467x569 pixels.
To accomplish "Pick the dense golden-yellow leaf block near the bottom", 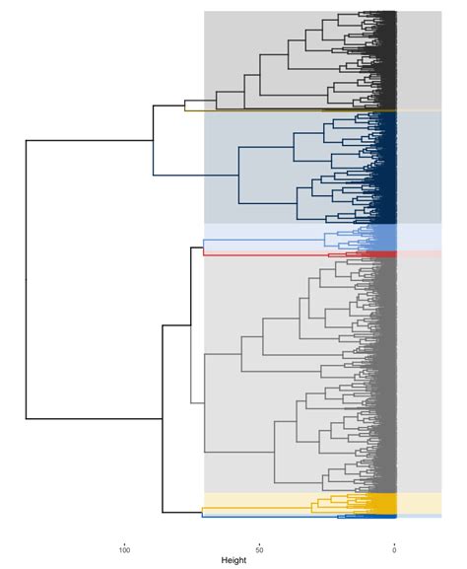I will pos(380,503).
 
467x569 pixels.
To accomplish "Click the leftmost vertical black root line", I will pos(26,280).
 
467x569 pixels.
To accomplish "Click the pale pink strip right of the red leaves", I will pos(419,254).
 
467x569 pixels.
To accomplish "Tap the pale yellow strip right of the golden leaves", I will pos(419,502).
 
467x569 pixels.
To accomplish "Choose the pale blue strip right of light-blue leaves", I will pos(419,238).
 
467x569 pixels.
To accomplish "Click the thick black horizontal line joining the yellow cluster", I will pos(181,511).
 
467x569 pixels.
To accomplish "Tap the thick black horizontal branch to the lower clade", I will pos(94,419).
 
